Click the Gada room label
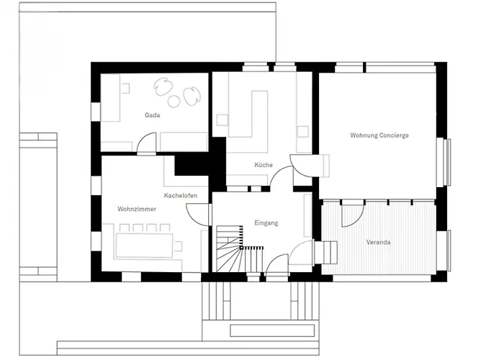(x=153, y=115)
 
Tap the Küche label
(x=264, y=165)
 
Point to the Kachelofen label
(x=181, y=195)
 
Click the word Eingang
(x=266, y=222)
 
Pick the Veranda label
(x=378, y=242)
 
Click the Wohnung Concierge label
(x=379, y=135)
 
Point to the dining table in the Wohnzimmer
(x=145, y=246)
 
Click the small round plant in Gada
(x=174, y=101)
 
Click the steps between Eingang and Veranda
(x=325, y=252)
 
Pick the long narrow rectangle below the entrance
(x=272, y=330)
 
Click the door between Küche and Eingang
(x=281, y=177)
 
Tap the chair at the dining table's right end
(x=178, y=246)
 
